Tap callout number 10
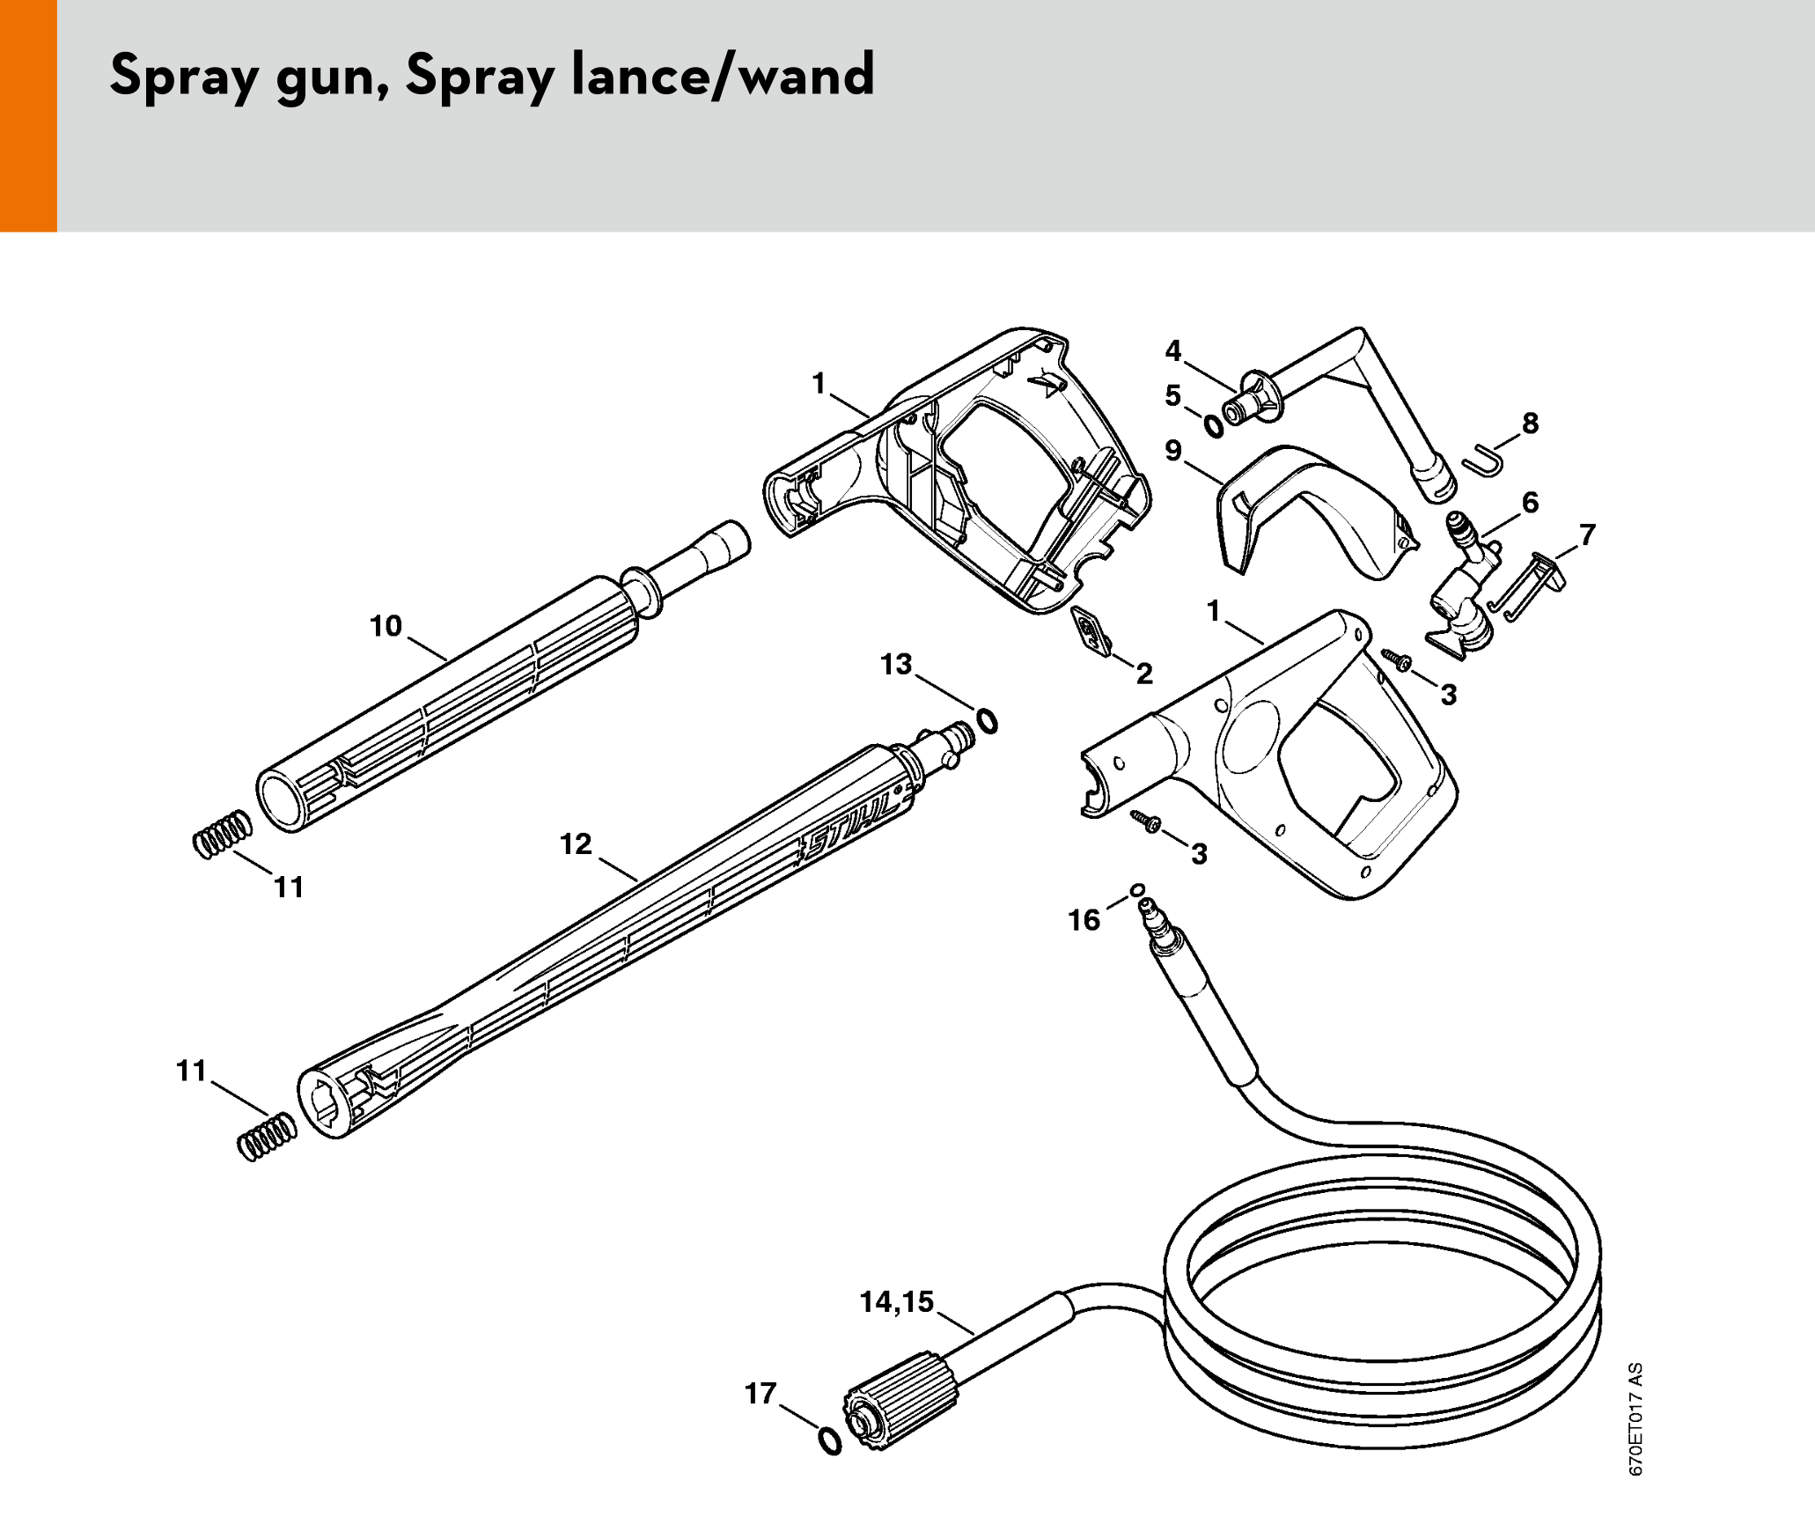coord(386,626)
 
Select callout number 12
coord(576,844)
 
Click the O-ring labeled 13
coord(988,721)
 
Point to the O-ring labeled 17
coord(830,1441)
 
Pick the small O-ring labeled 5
coord(1213,426)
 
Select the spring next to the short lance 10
coord(222,834)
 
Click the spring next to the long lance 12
coord(268,1137)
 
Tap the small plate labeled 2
coord(1091,631)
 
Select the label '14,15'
coord(897,1302)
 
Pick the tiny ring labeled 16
coord(1137,889)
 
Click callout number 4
coord(1173,351)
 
